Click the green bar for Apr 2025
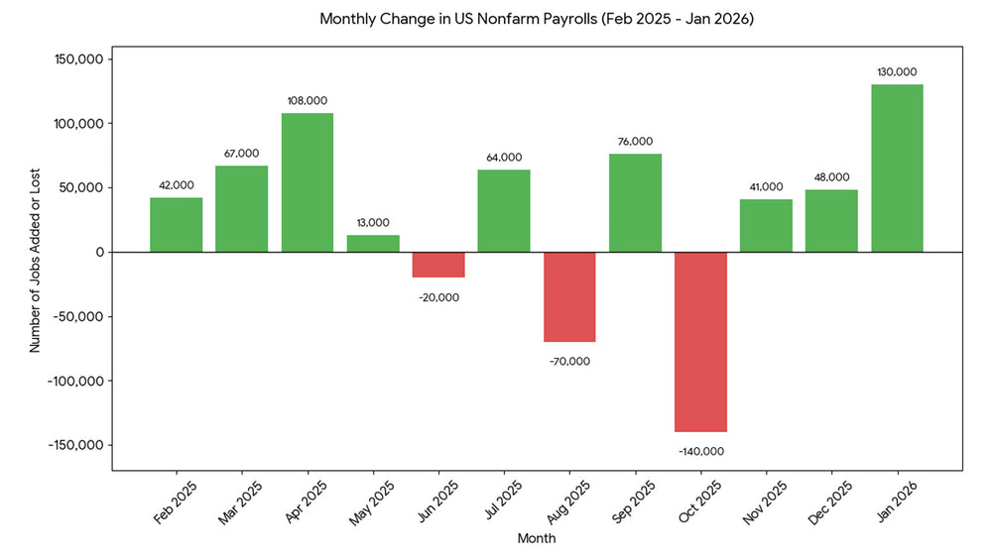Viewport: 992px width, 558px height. (308, 182)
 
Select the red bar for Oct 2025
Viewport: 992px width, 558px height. (700, 341)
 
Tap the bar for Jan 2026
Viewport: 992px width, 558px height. (897, 168)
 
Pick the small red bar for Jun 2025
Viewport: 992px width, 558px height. (438, 265)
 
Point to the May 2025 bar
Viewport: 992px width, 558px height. (373, 244)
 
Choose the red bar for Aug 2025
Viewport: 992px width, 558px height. (569, 296)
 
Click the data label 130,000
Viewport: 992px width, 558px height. (897, 72)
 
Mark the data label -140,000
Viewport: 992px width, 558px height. (700, 451)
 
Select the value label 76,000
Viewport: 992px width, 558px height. (635, 142)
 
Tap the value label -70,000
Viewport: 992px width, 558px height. (569, 362)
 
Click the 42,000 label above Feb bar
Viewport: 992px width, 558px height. (177, 185)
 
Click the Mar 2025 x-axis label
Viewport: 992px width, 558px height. (240, 502)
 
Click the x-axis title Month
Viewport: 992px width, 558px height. (537, 539)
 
